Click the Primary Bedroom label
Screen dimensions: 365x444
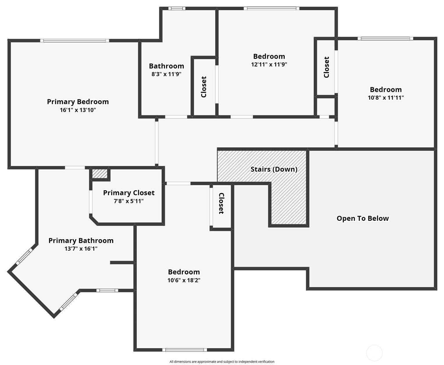pyautogui.click(x=78, y=102)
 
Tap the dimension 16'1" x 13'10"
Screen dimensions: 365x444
pyautogui.click(x=78, y=110)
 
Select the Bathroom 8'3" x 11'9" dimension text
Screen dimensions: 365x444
pyautogui.click(x=166, y=74)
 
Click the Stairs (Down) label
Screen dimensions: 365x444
pyautogui.click(x=274, y=169)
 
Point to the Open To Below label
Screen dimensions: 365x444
pyautogui.click(x=363, y=219)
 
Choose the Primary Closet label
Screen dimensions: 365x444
pyautogui.click(x=129, y=193)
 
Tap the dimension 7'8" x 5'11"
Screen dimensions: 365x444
pyautogui.click(x=129, y=201)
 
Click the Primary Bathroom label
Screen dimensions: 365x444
pyautogui.click(x=81, y=241)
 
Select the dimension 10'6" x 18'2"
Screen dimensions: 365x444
pyautogui.click(x=184, y=280)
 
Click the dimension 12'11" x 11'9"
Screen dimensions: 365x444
pyautogui.click(x=269, y=65)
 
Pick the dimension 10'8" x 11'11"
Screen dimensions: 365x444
pyautogui.click(x=386, y=98)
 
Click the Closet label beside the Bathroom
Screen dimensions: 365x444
pyautogui.click(x=204, y=87)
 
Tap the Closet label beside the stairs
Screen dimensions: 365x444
pyautogui.click(x=221, y=203)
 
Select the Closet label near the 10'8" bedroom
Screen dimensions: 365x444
pyautogui.click(x=327, y=67)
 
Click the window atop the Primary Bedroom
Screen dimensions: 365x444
pyautogui.click(x=74, y=41)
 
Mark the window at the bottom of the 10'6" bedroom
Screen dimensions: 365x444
pyautogui.click(x=185, y=350)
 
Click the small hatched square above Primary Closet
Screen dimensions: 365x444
pyautogui.click(x=100, y=173)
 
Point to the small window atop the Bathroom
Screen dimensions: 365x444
pyautogui.click(x=176, y=8)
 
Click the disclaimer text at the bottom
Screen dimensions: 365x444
pyautogui.click(x=222, y=362)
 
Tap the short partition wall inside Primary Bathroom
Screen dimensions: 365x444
pyautogui.click(x=122, y=263)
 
